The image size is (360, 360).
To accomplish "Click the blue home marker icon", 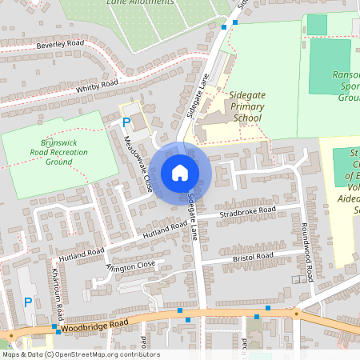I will [180, 173].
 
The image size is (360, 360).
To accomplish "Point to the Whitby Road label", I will [97, 85].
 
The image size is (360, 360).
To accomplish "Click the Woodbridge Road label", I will [92, 323].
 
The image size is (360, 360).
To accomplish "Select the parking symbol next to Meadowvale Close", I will [126, 122].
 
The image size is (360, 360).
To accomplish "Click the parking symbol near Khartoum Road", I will [28, 302].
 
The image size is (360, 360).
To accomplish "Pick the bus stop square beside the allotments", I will [224, 26].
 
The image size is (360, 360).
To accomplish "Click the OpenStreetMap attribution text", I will [81, 354].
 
